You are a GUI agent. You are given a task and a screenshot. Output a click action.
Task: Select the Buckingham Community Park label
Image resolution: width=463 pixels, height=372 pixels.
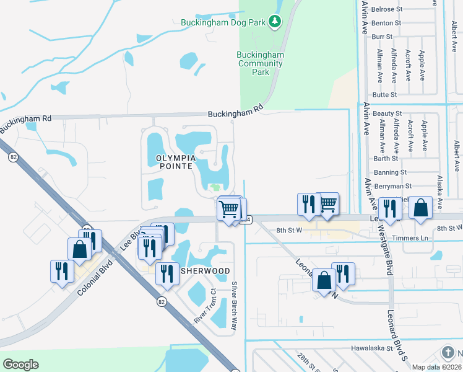coord(261,63)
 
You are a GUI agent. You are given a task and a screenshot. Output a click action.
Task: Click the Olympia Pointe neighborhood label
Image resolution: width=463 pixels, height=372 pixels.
coord(172,162)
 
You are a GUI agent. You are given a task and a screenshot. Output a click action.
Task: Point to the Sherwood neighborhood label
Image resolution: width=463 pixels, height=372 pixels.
coord(205,271)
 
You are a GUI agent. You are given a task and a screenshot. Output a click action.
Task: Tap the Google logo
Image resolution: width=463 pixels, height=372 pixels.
coord(20,365)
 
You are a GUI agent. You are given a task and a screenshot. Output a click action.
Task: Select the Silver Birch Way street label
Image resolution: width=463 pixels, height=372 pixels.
coord(234,305)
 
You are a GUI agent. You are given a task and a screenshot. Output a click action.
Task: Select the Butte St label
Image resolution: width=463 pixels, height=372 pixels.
coord(384,94)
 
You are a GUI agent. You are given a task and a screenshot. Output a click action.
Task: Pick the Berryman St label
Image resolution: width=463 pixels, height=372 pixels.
coord(392,186)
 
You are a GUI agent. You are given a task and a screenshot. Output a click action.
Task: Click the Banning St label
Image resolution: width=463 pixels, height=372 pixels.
coord(390,172)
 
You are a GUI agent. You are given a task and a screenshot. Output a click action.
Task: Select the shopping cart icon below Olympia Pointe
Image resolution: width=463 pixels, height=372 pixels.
coord(228,209)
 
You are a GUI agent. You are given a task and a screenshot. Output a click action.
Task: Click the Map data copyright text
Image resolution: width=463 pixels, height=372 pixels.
coord(436,367)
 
